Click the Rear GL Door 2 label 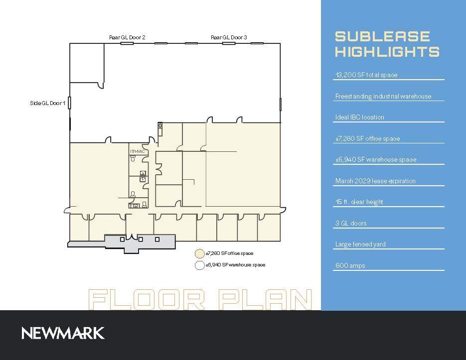127,37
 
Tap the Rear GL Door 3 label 229,37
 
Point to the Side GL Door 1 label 47,104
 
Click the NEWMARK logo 63,333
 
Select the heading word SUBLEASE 382,36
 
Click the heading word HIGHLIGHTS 387,52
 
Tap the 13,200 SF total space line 366,75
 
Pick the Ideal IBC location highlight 359,118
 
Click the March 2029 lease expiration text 375,181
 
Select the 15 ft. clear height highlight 359,202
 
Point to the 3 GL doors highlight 351,223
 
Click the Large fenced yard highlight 360,244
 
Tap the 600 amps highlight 350,265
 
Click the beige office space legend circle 199,253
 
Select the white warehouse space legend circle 199,265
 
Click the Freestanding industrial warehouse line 383,97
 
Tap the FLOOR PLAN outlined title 200,299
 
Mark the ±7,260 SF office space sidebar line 367,139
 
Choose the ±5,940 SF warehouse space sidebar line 375,160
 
